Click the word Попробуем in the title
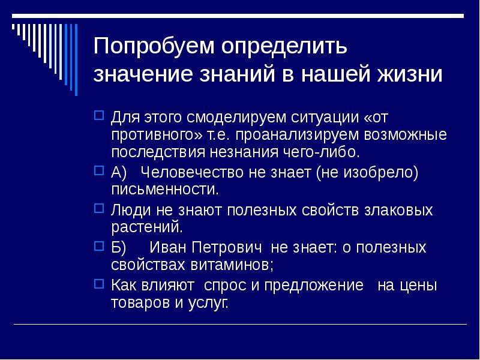(x=154, y=47)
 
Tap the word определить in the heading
(x=284, y=47)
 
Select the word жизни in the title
(x=410, y=74)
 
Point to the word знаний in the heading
(x=237, y=74)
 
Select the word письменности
(x=165, y=190)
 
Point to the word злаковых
(x=398, y=211)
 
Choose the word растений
(x=147, y=227)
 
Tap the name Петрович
(x=227, y=248)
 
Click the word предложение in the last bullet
(x=314, y=286)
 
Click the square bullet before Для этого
(x=99, y=115)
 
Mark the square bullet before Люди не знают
(x=99, y=208)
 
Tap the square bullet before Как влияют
(x=99, y=283)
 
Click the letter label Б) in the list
(x=118, y=248)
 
